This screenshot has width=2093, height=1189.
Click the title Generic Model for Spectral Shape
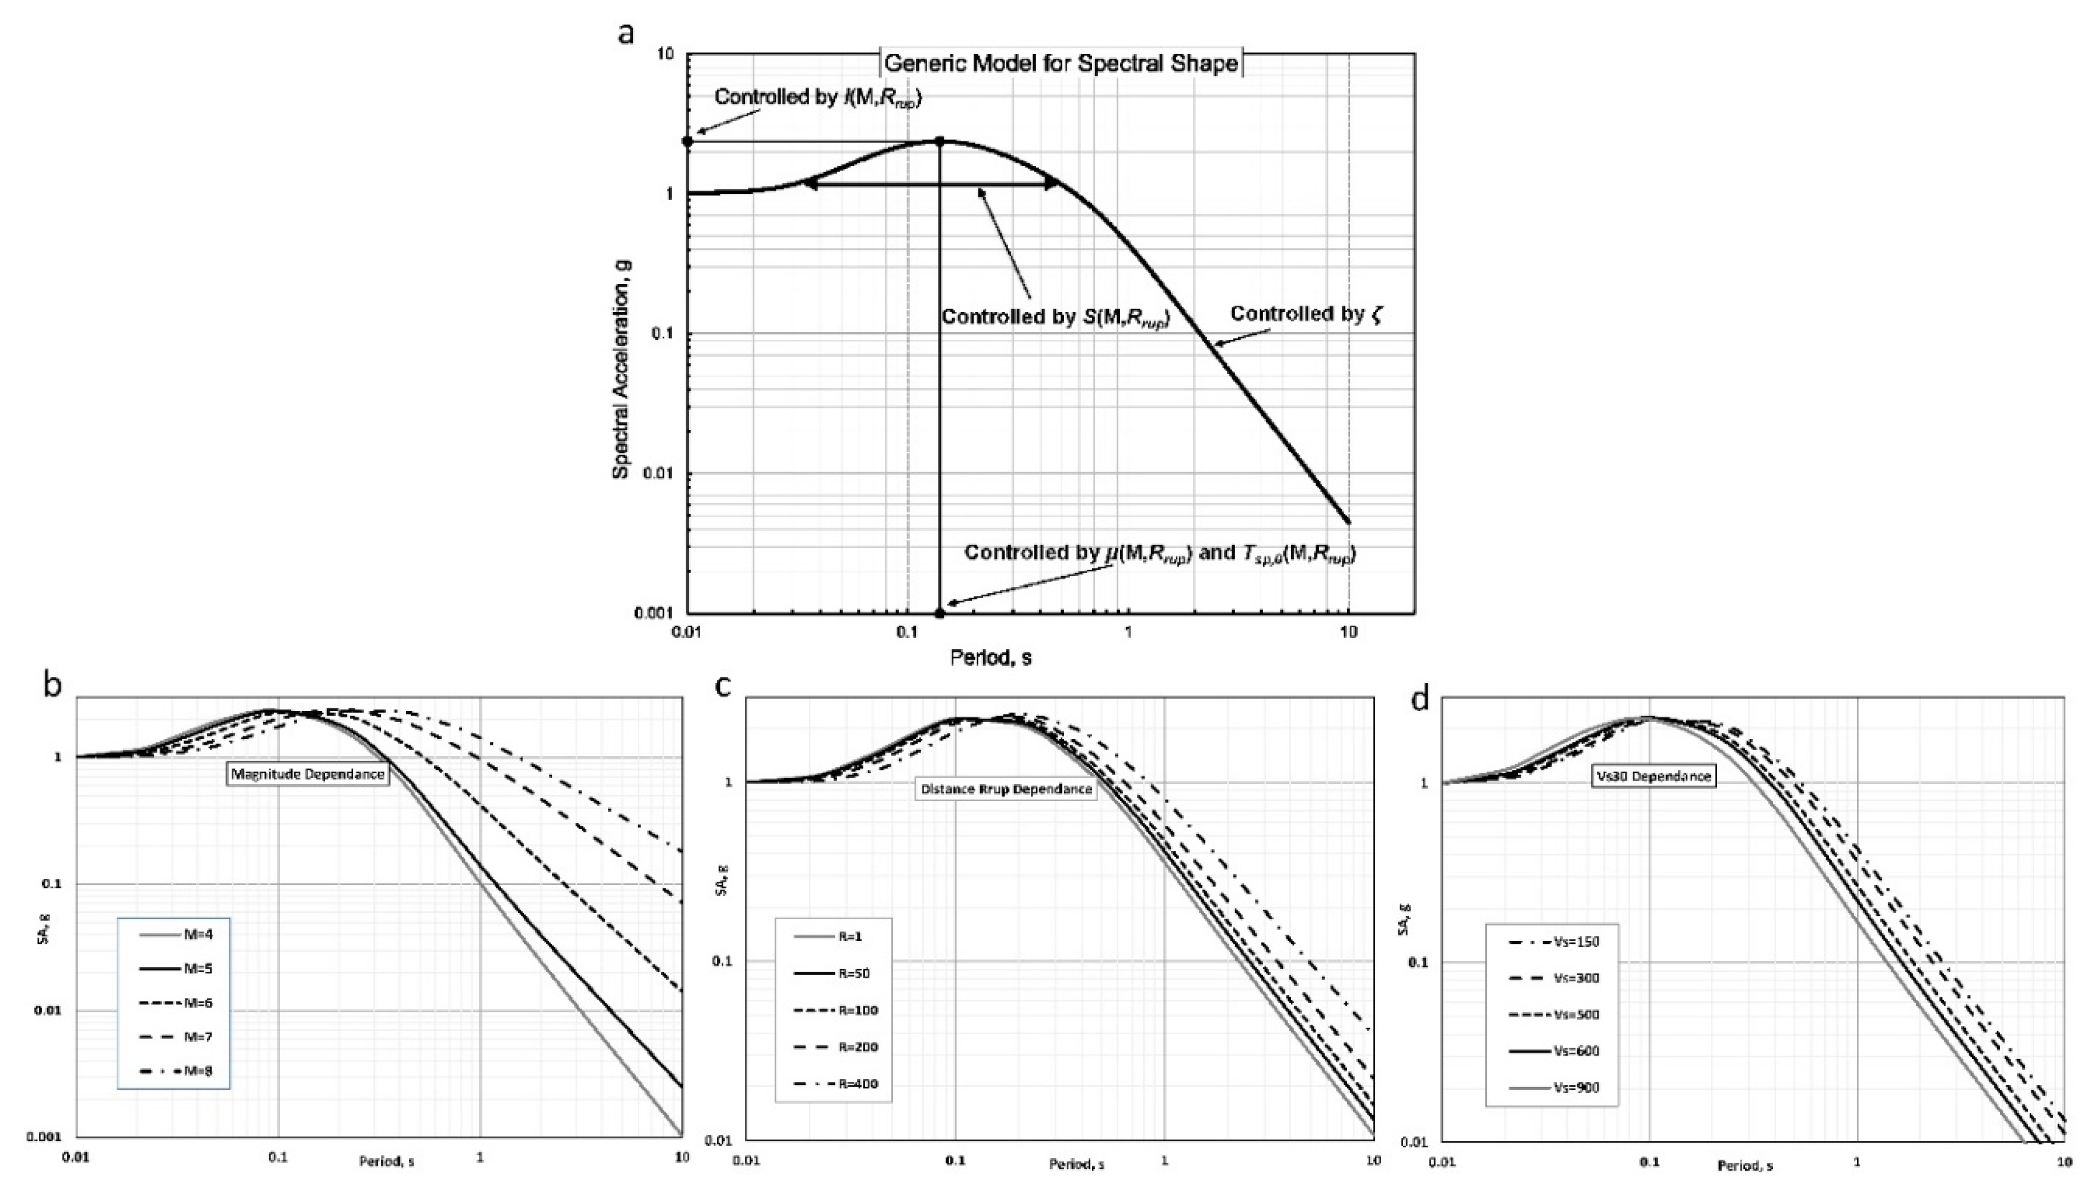tap(1061, 63)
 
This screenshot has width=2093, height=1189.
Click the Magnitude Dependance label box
tap(307, 774)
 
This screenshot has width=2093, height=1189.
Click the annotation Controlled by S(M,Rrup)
tap(1056, 318)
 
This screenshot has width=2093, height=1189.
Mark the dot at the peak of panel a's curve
tap(939, 142)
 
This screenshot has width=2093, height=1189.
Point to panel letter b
tap(52, 684)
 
